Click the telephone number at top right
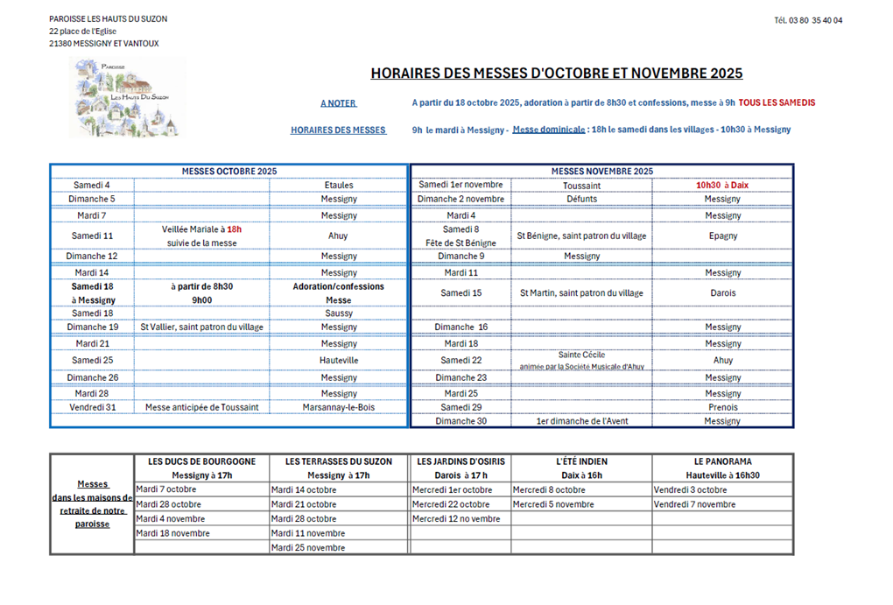[808, 20]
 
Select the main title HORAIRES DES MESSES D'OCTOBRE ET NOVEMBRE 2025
[556, 74]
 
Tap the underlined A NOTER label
[338, 103]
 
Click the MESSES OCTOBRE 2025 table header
[229, 172]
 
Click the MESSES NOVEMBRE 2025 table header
[602, 172]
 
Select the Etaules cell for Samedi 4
[338, 186]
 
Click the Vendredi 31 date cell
[92, 407]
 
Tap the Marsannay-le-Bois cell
[338, 407]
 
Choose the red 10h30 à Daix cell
[722, 186]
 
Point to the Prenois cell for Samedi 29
[722, 407]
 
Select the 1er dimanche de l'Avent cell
[581, 421]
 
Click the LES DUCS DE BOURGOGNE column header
[202, 461]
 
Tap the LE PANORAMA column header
[722, 461]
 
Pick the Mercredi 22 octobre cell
[452, 504]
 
